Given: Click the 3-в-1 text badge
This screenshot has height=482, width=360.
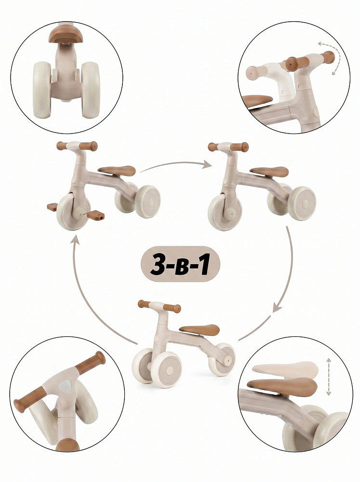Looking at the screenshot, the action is click(x=180, y=264).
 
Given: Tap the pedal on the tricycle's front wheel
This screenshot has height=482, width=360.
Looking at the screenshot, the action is click(x=95, y=214).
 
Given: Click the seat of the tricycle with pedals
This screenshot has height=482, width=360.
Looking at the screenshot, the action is click(x=117, y=171).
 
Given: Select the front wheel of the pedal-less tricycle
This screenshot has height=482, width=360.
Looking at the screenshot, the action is click(x=225, y=212).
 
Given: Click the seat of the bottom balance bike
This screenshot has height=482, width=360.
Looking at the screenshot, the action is click(x=200, y=330).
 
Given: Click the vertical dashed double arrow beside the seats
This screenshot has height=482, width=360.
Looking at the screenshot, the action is click(x=329, y=376).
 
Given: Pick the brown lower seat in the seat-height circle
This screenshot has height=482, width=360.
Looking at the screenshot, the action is click(x=282, y=387).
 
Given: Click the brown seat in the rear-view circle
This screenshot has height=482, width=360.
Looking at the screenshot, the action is click(x=64, y=35).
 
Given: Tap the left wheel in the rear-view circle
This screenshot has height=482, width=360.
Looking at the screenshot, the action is click(x=42, y=90).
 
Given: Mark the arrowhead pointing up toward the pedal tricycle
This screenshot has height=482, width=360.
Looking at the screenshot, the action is click(x=75, y=239).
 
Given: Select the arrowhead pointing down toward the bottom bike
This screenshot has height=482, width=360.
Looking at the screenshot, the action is click(x=277, y=308).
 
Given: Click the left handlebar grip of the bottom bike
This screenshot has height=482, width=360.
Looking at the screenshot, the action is click(x=144, y=304).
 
